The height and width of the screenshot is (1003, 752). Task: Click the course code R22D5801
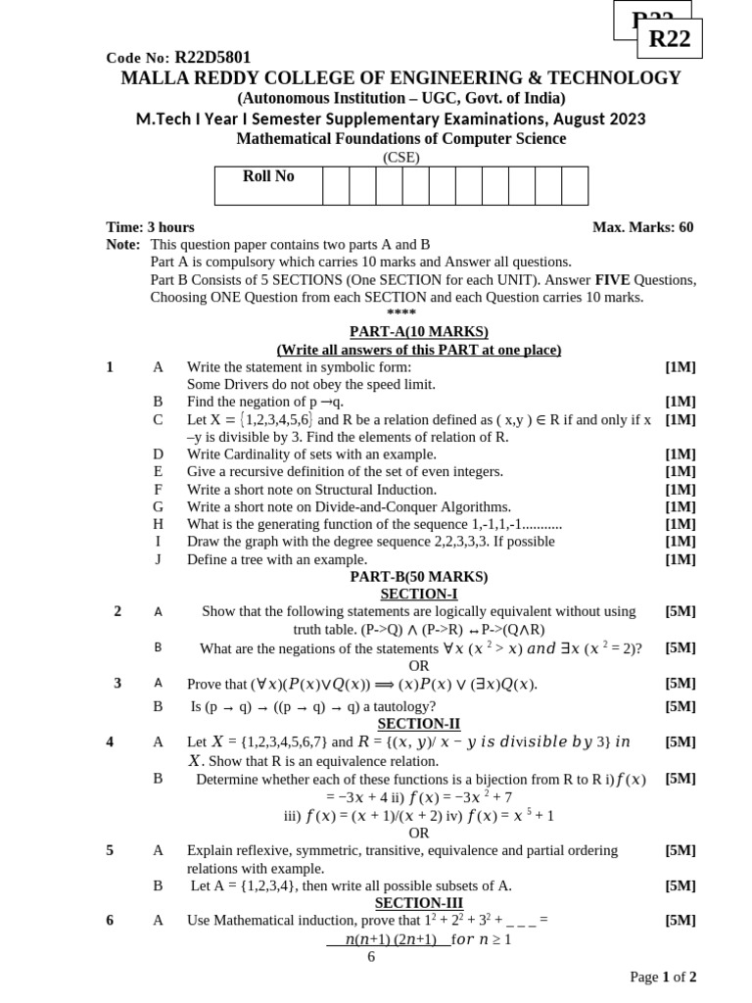point(212,58)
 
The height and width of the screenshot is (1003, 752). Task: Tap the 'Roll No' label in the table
point(268,176)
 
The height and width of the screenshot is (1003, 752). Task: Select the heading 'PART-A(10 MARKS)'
point(418,332)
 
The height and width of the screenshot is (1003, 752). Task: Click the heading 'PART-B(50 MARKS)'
point(418,577)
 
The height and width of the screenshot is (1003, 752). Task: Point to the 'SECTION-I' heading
point(418,594)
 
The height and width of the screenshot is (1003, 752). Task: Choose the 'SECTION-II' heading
point(418,724)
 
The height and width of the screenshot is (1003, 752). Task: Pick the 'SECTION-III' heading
point(418,903)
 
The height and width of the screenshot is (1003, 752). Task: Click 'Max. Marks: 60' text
point(642,227)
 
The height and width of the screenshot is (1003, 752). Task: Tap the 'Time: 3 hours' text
point(150,227)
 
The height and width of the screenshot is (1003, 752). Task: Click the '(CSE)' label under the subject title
point(400,157)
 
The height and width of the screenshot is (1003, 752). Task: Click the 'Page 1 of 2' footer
point(663,977)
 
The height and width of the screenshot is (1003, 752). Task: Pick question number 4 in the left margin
point(111,741)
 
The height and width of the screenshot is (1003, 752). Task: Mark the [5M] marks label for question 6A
point(680,920)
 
